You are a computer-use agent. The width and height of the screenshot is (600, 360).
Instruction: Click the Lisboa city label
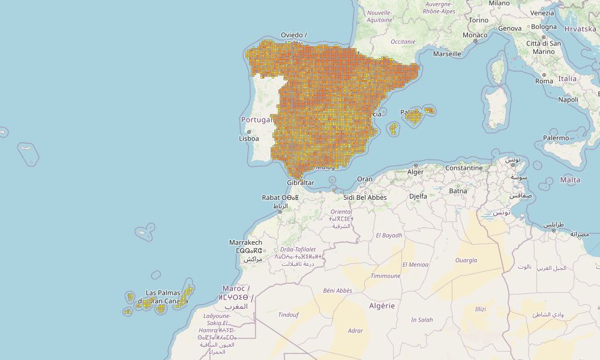tap(249, 139)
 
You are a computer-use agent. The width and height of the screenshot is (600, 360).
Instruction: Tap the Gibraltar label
tap(301, 182)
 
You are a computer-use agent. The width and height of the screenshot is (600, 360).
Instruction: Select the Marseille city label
tap(447, 53)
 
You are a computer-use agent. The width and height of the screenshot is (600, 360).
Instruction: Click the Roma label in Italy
tap(544, 81)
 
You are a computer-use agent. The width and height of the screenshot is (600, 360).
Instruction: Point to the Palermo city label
tap(556, 138)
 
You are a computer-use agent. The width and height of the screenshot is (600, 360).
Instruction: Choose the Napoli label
tap(568, 100)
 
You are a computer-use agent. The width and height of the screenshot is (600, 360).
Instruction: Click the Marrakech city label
tap(245, 242)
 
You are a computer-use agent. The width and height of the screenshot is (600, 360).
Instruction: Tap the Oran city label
tap(365, 179)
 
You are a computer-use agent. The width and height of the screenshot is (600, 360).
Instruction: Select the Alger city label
tap(416, 172)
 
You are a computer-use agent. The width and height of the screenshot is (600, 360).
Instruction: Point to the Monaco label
tap(475, 35)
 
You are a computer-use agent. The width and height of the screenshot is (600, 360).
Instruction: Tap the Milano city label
tap(499, 3)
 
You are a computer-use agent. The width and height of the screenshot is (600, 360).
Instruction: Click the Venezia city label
tap(542, 13)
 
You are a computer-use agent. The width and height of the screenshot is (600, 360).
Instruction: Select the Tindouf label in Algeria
tap(288, 314)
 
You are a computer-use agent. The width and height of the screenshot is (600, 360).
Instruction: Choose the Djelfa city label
tap(418, 196)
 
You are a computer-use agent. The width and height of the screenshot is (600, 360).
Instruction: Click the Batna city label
tap(458, 191)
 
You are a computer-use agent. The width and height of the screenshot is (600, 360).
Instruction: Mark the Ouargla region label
tap(466, 260)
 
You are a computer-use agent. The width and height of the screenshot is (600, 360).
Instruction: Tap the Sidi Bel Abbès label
tap(365, 197)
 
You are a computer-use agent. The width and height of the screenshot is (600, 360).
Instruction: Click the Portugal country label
tap(257, 119)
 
